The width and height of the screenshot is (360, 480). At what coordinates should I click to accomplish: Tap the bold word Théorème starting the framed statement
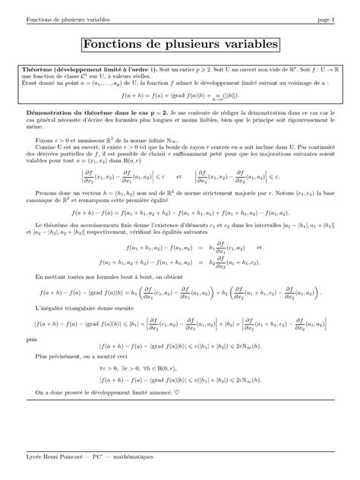(41, 68)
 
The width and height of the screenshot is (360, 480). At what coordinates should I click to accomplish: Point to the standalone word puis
(30, 339)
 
